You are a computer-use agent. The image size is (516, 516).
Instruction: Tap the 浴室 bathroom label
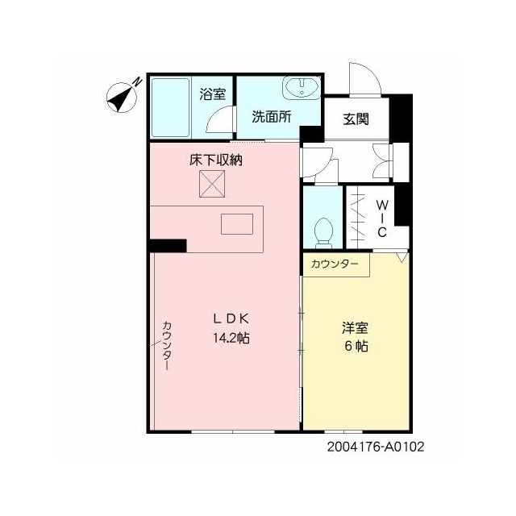213,94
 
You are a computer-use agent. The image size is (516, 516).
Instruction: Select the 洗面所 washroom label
272,116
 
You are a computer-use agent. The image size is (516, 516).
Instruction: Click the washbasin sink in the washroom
302,88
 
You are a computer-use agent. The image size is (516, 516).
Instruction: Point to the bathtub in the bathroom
170,107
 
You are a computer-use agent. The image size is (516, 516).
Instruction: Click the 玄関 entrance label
356,119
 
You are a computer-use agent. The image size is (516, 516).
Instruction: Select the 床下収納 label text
215,160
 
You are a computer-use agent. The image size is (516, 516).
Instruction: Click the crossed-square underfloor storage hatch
212,184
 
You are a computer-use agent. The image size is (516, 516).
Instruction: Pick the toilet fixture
323,233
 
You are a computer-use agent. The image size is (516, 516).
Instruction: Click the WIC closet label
381,218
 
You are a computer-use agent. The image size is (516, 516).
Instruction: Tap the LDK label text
231,318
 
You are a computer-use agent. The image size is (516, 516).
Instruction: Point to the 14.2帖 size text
231,338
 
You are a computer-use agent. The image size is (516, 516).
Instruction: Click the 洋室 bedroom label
355,328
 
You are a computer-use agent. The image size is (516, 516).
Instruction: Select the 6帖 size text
356,346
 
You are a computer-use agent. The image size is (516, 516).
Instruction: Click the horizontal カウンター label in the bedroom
335,264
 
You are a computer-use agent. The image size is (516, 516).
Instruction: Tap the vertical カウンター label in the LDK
167,346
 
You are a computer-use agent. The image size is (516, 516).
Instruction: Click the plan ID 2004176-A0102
376,447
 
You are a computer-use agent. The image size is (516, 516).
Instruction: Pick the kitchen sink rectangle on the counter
237,224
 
